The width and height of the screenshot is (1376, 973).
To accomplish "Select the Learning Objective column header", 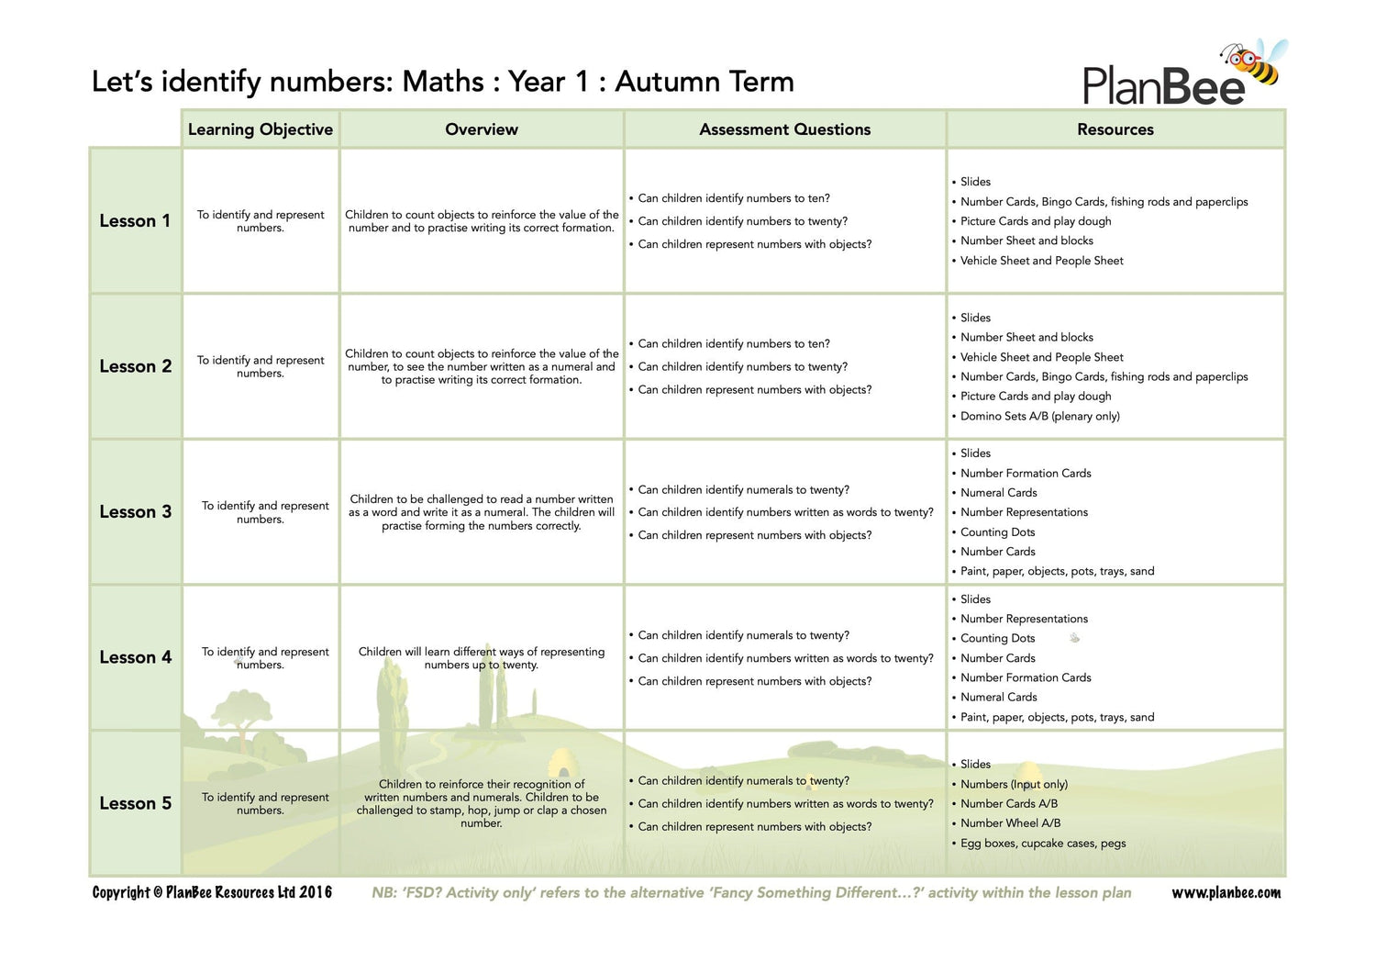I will pyautogui.click(x=261, y=129).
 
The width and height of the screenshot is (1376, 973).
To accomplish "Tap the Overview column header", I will pyautogui.click(x=482, y=129).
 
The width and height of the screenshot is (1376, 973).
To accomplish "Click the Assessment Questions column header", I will pyautogui.click(x=785, y=129).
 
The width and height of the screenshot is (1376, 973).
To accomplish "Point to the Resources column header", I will pyautogui.click(x=1115, y=129).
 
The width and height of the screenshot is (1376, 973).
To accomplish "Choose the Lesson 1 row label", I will pyautogui.click(x=135, y=221).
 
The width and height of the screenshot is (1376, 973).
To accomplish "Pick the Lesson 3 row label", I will pyautogui.click(x=135, y=512).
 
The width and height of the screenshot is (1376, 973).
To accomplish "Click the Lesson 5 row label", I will pyautogui.click(x=135, y=803).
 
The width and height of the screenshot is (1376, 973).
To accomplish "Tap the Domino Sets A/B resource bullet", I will pyautogui.click(x=1039, y=416).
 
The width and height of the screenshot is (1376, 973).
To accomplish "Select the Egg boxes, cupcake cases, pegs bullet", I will pyautogui.click(x=1043, y=843).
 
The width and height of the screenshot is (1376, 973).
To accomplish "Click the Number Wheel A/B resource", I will pyautogui.click(x=1010, y=823).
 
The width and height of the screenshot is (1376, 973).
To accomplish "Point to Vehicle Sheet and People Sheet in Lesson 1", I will pyautogui.click(x=1041, y=261).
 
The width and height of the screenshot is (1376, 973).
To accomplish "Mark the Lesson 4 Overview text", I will pyautogui.click(x=482, y=658).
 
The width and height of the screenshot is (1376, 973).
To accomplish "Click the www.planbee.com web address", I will pyautogui.click(x=1226, y=892).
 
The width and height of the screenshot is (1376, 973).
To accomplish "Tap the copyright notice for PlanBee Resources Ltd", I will pyautogui.click(x=212, y=892).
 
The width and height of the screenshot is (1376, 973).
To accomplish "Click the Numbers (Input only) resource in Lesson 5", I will pyautogui.click(x=1014, y=784).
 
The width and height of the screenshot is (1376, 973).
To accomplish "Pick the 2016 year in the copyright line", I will pyautogui.click(x=316, y=892).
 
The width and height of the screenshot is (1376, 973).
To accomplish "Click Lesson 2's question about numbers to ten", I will pyautogui.click(x=733, y=343).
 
